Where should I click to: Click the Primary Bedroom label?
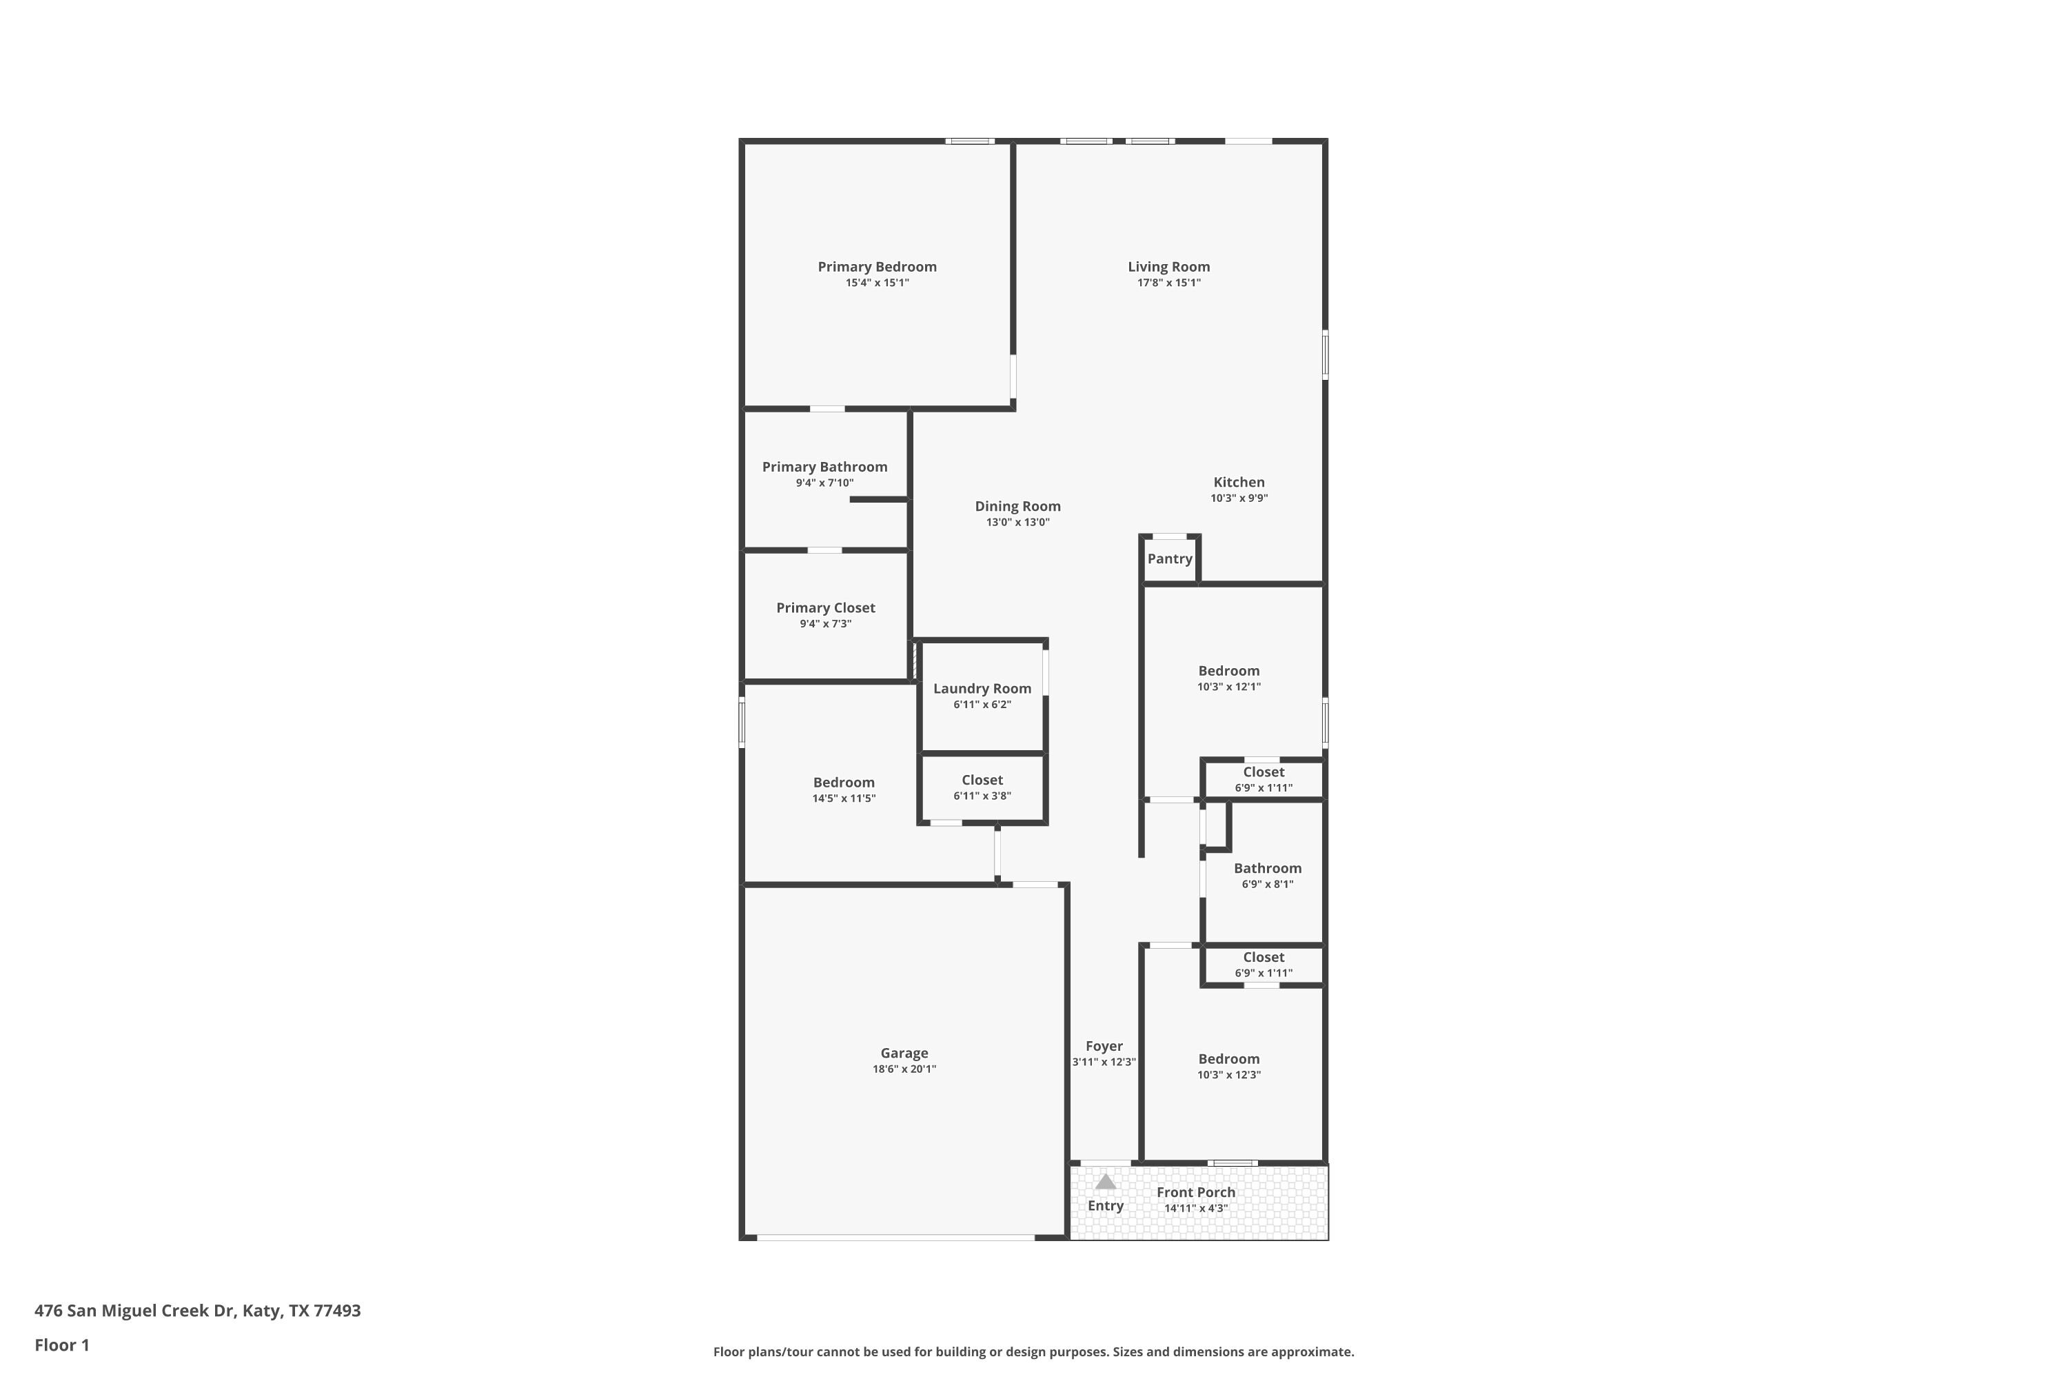pos(877,266)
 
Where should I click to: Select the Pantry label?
pos(1169,558)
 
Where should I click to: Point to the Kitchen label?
pos(1239,482)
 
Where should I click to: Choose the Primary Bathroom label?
pos(824,467)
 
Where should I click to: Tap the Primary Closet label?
pos(824,607)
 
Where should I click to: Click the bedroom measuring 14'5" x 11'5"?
pos(843,783)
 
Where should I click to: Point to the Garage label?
pos(904,1053)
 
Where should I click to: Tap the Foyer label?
pos(1104,1046)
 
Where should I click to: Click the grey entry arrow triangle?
pos(1105,1182)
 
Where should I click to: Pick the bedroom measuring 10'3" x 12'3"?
pos(1228,1059)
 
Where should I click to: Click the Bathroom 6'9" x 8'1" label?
pos(1267,868)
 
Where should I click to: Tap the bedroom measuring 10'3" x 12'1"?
pos(1228,671)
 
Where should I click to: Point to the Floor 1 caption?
pos(61,1345)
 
